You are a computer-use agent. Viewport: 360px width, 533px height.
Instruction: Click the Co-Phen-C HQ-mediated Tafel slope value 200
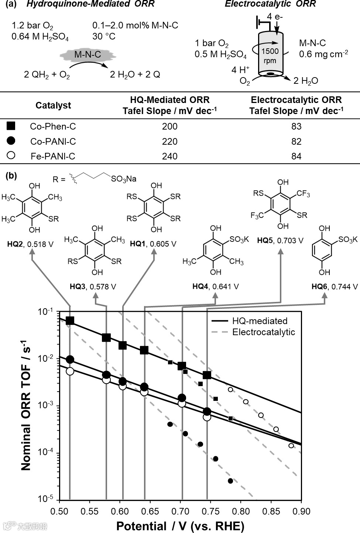tap(169, 127)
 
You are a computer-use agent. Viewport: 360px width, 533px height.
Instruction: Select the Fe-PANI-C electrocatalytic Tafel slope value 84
tap(296, 157)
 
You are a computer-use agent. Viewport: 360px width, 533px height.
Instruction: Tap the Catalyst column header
tap(53, 106)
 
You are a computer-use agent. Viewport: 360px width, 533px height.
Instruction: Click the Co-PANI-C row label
tap(53, 142)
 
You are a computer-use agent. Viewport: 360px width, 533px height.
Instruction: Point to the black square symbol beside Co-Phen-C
tap(11, 126)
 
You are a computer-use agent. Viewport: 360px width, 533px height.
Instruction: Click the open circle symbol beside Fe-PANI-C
tap(11, 155)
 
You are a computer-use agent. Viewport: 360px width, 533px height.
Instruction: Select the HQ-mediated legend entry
tap(260, 321)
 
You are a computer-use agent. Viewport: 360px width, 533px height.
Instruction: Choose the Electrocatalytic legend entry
tap(263, 332)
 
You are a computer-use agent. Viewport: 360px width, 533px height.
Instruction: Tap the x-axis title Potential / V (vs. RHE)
tap(180, 526)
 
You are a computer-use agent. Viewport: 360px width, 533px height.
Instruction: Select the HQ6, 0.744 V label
tap(335, 287)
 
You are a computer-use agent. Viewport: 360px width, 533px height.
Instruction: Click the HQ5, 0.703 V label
tap(280, 241)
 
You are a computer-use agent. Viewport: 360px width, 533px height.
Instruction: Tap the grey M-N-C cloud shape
tap(88, 55)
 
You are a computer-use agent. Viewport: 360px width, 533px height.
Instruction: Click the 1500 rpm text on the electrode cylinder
tap(270, 56)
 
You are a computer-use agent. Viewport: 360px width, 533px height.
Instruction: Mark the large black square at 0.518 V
tap(70, 320)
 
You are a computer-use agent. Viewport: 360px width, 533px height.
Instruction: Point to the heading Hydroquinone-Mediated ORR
tap(90, 4)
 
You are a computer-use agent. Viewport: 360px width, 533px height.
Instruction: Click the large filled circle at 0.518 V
tap(70, 360)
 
